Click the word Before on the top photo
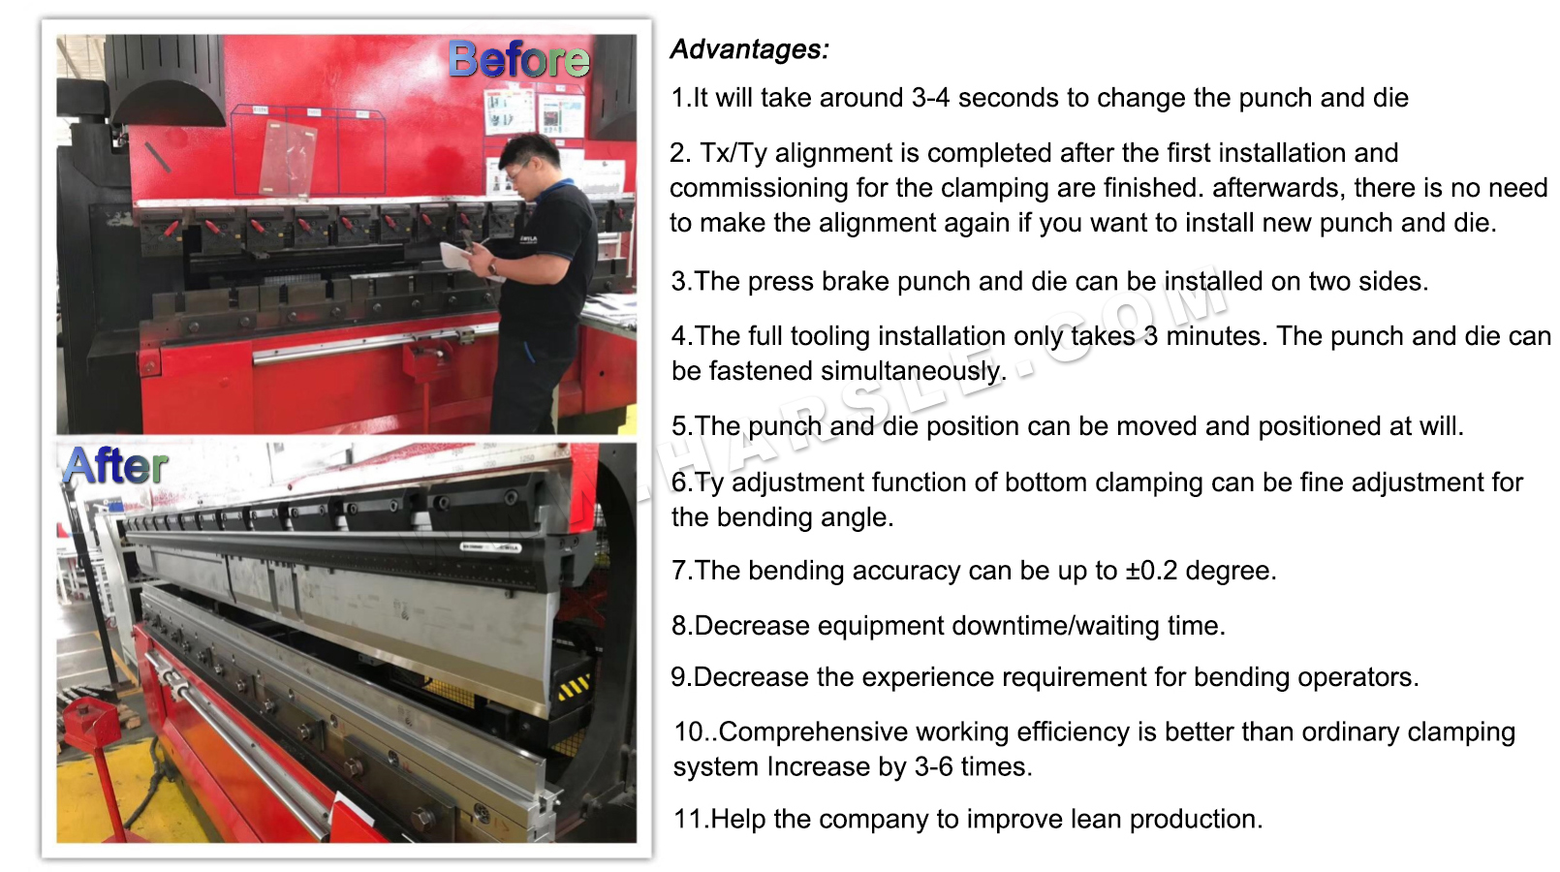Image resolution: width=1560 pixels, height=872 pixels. click(518, 60)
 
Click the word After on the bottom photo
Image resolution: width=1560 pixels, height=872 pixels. click(116, 466)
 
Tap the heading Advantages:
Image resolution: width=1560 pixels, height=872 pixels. click(749, 49)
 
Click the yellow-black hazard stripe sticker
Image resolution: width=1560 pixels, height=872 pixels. click(574, 687)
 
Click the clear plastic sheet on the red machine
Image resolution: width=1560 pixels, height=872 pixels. click(289, 159)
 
